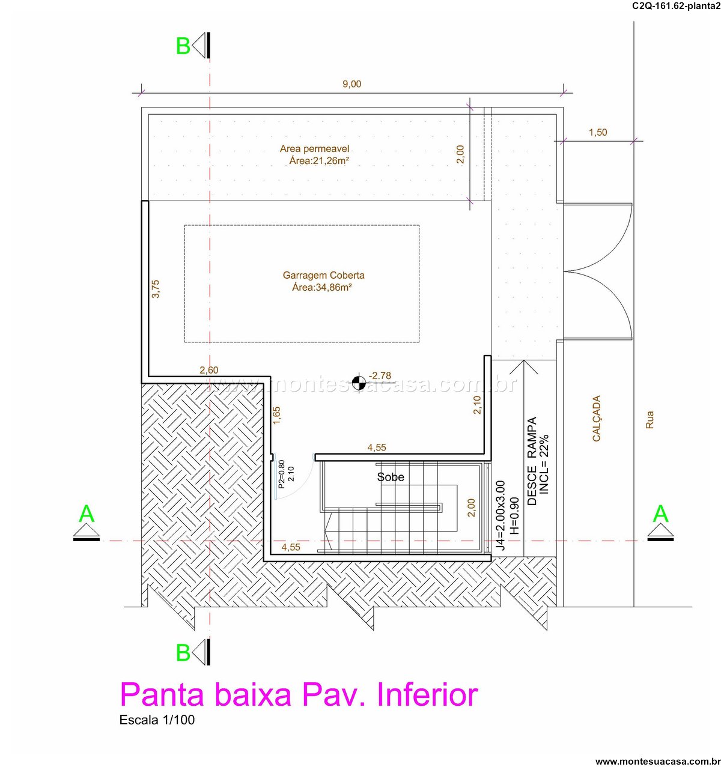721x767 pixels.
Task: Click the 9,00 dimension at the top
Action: pos(351,84)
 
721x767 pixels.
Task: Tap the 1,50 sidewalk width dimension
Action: pos(598,132)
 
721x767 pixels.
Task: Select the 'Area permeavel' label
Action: pos(314,149)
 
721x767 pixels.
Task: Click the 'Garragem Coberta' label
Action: pos(323,275)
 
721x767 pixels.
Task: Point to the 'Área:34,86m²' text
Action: pos(322,287)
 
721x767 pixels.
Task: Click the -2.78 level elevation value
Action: pos(380,375)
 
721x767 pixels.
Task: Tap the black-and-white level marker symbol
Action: pos(359,382)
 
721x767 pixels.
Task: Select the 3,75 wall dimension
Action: pos(156,289)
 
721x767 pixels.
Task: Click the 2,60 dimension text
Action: pos(209,370)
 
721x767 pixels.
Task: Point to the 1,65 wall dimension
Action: pos(276,416)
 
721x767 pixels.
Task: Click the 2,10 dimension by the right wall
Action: pos(478,405)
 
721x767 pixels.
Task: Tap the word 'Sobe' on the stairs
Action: pos(391,477)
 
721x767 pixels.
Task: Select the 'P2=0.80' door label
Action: pos(282,474)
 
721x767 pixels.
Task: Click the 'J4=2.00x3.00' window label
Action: pos(500,515)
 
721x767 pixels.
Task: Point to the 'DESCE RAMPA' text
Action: pos(532,461)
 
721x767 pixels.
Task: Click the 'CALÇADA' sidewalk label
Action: pos(596,418)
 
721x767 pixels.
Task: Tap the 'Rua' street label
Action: pos(650,419)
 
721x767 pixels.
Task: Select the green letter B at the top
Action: pos(183,46)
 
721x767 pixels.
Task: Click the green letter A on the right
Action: pos(660,514)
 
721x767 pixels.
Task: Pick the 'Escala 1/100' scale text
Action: pos(157,720)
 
